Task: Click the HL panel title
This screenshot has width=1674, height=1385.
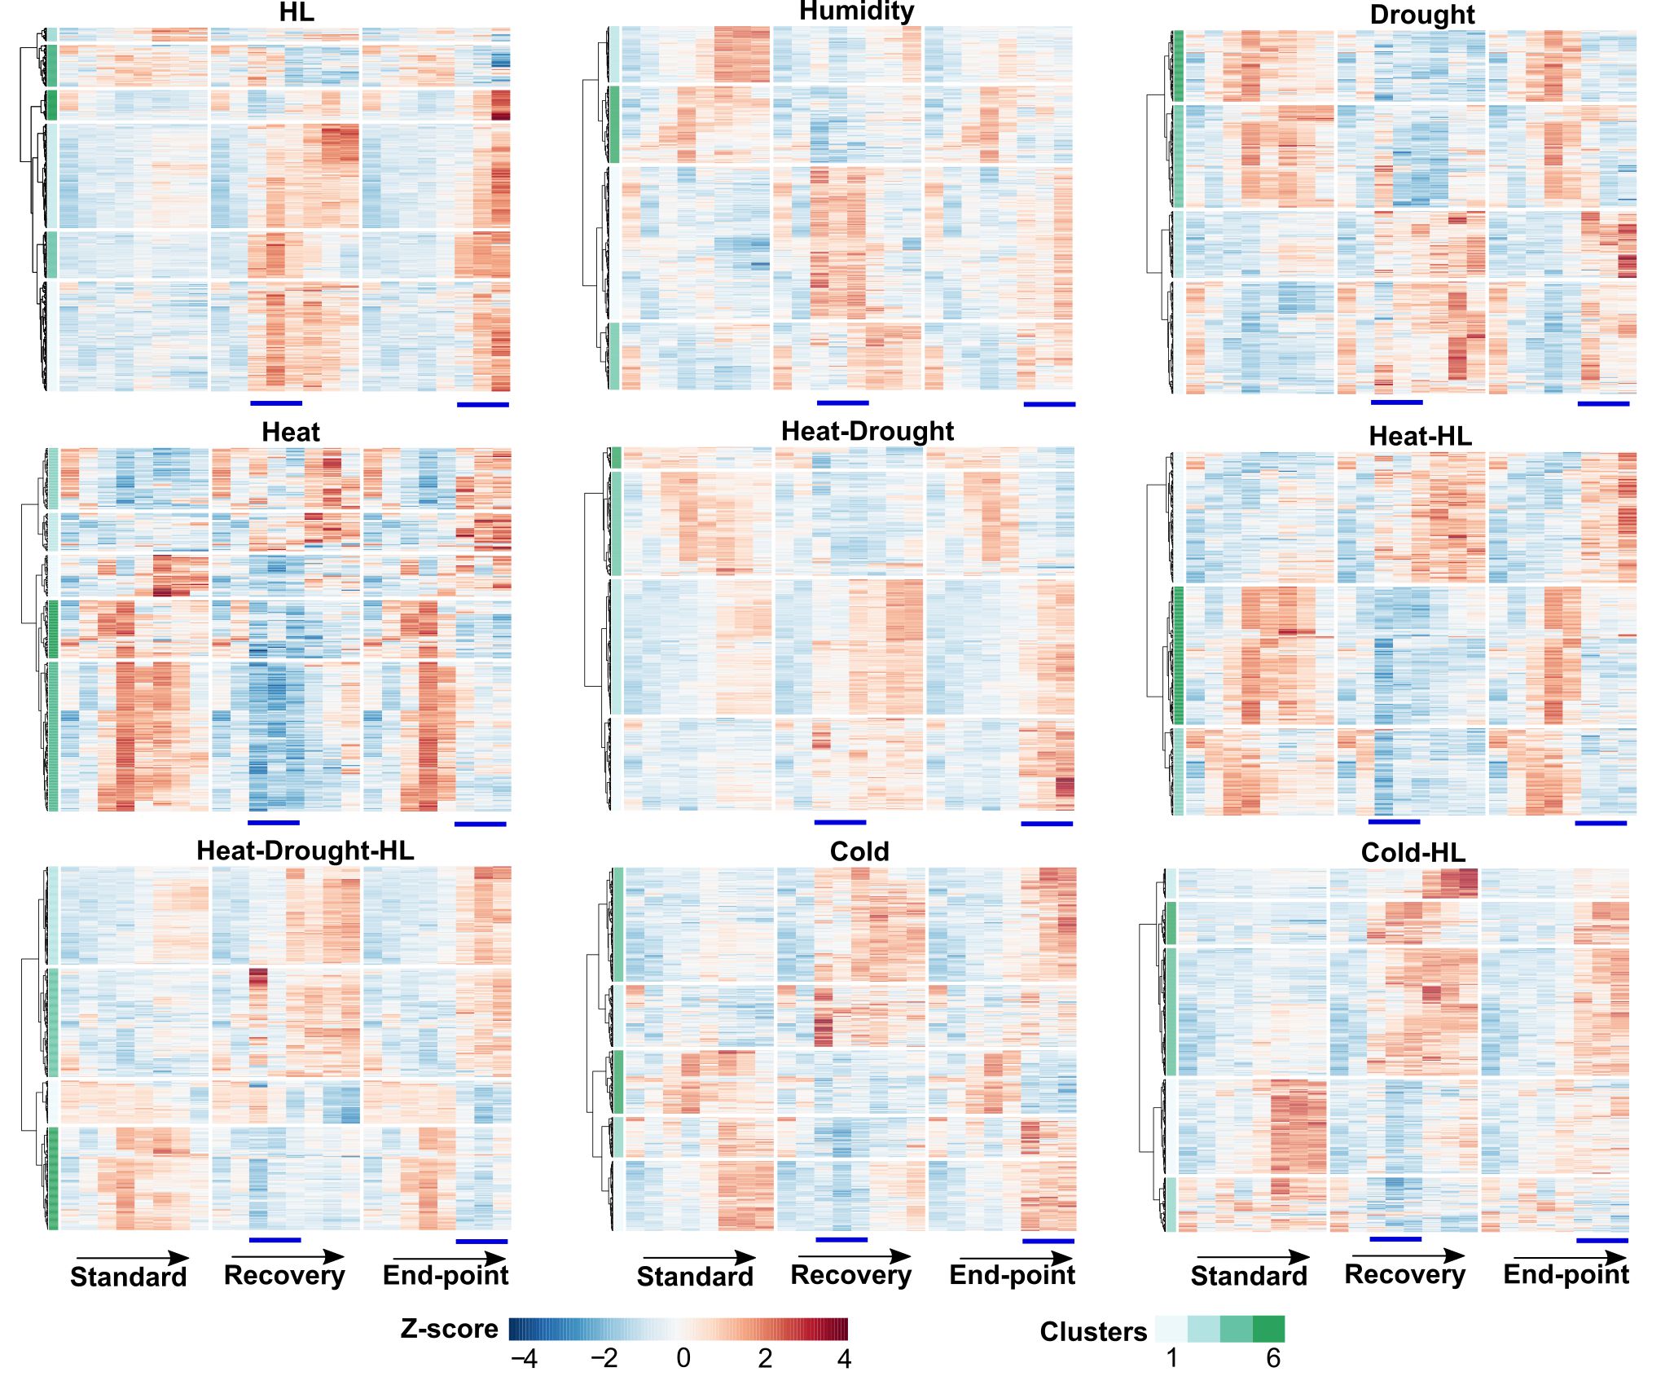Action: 297,12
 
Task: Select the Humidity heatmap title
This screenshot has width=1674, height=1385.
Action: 856,11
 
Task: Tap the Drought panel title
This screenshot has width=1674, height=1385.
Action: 1422,15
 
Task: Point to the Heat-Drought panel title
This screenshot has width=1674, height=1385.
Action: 868,431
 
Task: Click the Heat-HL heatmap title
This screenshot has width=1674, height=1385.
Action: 1420,437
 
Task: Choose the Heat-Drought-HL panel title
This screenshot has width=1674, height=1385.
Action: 305,851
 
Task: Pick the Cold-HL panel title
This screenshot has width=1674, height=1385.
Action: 1413,853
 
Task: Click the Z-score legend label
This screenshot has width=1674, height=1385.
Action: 449,1329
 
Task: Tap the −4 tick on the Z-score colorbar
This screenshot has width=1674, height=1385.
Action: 524,1359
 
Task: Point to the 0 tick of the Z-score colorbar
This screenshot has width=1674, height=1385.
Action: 683,1358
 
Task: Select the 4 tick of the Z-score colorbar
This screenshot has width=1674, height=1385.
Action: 844,1359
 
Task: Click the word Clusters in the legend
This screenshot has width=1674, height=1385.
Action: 1093,1332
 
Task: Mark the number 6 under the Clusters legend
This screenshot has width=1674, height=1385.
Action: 1273,1358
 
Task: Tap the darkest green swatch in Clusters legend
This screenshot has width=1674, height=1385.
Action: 1268,1329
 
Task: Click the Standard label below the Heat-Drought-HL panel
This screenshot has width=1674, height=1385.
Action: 129,1277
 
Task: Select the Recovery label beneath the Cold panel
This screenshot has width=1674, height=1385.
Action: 851,1275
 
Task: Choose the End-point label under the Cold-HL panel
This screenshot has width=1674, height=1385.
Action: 1566,1274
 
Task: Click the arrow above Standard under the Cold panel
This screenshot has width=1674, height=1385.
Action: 700,1258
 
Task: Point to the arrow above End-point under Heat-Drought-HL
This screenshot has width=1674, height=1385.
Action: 450,1259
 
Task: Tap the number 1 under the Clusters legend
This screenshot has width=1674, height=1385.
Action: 1172,1358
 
